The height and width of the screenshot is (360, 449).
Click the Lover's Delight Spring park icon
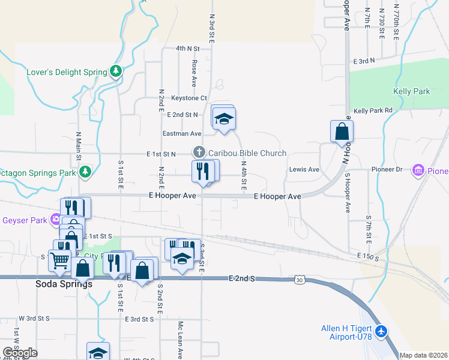click(116, 72)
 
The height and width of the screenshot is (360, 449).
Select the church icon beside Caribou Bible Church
click(199, 153)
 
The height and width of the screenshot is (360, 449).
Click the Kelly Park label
click(411, 91)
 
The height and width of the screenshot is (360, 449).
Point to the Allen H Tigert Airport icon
click(381, 331)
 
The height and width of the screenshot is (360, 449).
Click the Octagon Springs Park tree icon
click(85, 172)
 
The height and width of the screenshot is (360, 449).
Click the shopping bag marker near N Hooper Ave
click(342, 131)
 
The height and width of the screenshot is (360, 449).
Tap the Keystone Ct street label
click(189, 98)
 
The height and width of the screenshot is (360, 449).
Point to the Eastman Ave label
click(182, 133)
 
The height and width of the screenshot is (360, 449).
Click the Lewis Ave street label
click(304, 169)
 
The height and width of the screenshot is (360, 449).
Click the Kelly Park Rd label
click(372, 110)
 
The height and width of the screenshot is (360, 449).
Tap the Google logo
click(20, 353)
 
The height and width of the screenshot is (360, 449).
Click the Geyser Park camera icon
click(56, 220)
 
